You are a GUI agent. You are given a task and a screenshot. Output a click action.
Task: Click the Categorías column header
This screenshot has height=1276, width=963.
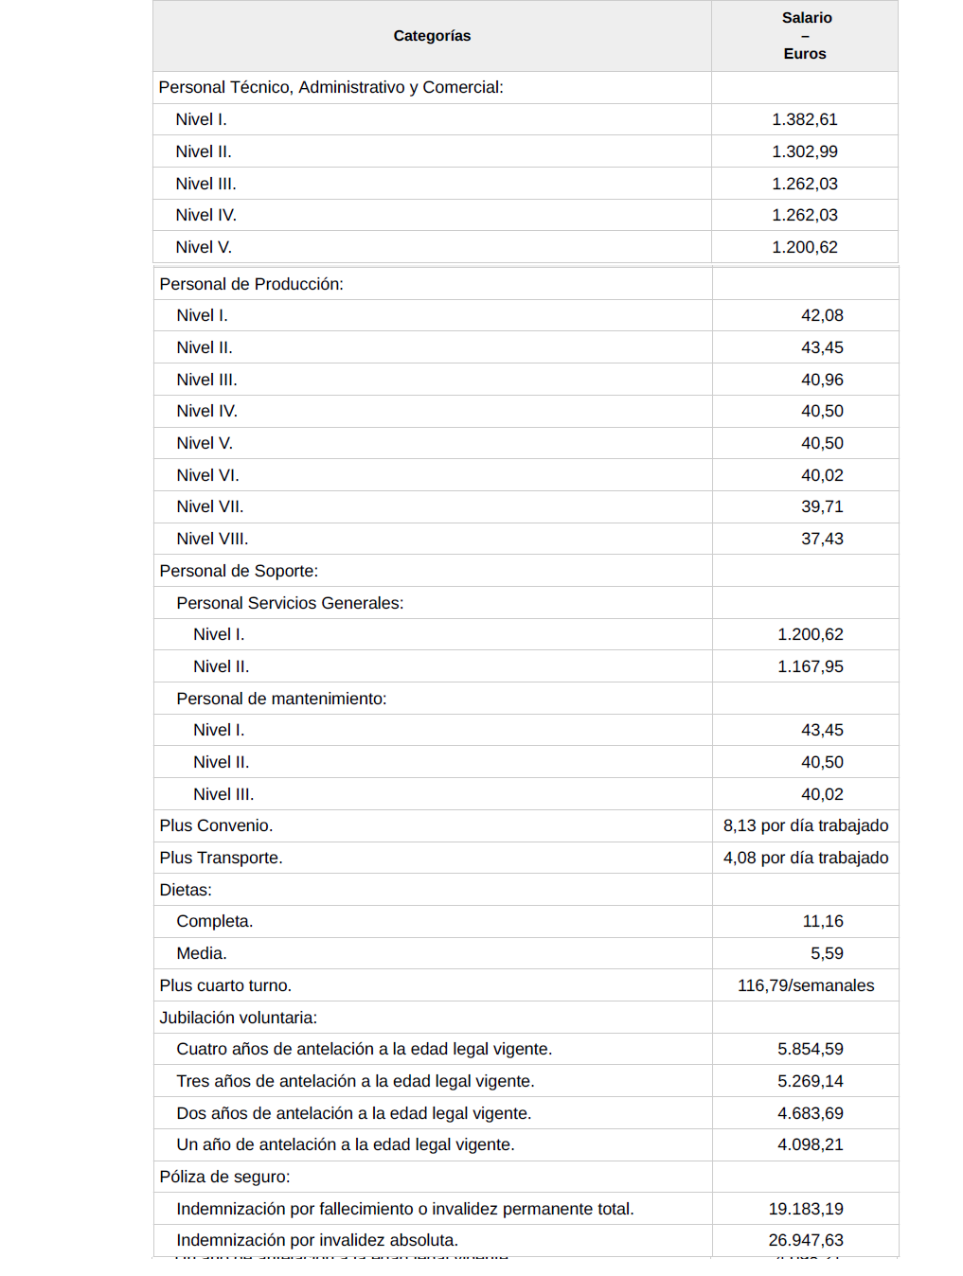[432, 36]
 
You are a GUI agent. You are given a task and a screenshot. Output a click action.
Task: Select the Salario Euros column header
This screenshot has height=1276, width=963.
[805, 36]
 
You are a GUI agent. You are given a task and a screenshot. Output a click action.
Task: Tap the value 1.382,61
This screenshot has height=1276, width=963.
[804, 119]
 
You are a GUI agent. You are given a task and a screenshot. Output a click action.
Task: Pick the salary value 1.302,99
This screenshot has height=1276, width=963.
[804, 151]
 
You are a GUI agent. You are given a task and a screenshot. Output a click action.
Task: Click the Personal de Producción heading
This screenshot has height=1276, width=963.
[251, 284]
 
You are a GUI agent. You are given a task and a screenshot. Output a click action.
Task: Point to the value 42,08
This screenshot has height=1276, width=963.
[822, 315]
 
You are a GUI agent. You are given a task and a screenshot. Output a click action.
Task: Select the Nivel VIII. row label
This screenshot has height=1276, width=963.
[212, 539]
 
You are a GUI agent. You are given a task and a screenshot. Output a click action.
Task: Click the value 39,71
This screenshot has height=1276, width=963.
[822, 506]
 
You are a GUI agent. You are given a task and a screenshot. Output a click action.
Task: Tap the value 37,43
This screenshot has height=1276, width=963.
[822, 539]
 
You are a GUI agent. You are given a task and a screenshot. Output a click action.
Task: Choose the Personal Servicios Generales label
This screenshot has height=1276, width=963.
[290, 603]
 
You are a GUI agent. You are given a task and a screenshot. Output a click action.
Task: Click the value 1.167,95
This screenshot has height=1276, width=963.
[810, 666]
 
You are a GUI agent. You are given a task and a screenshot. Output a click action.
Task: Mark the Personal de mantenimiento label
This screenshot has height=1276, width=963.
[281, 699]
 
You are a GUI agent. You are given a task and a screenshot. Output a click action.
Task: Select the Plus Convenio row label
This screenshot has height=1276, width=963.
[216, 825]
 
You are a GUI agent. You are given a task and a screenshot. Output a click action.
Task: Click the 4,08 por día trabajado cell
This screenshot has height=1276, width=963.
[806, 858]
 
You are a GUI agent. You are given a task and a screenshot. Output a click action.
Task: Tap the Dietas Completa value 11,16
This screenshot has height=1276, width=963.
[822, 921]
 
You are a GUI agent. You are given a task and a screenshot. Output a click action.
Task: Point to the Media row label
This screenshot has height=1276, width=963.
[201, 953]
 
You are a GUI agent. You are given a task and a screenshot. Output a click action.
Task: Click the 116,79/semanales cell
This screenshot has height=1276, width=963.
[806, 985]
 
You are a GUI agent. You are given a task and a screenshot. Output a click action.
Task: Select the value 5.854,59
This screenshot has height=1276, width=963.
[810, 1049]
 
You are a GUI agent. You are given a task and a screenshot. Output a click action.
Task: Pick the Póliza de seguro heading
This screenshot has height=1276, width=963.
[224, 1177]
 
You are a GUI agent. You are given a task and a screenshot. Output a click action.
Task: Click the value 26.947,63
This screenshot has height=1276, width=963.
[806, 1240]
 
